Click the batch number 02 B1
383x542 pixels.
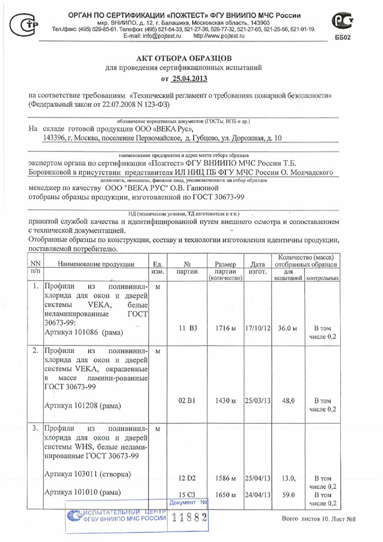coord(186,401)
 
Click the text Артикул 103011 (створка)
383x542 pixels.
coord(87,474)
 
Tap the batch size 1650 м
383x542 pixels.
coord(224,494)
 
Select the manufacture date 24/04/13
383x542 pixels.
coord(257,494)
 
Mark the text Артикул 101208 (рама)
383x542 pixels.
coord(83,405)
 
